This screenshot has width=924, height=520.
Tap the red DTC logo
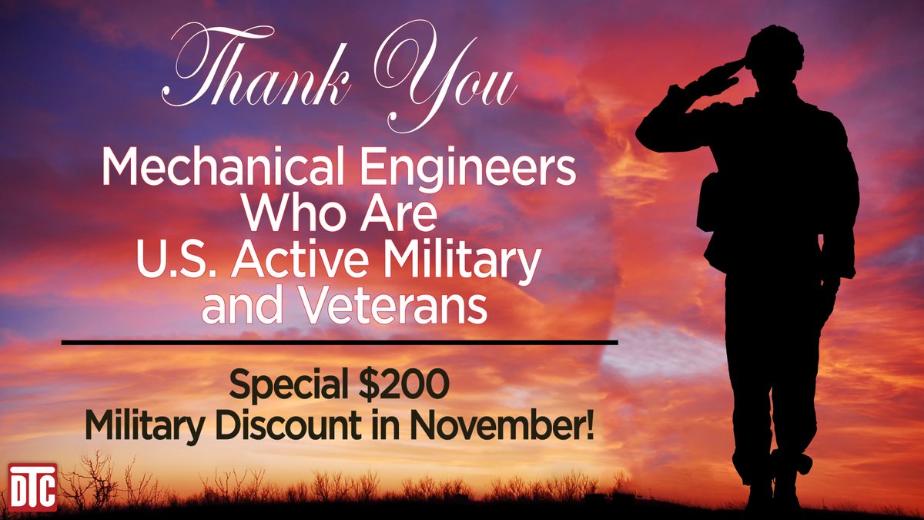pos(33,487)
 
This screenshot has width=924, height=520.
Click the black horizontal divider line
pos(339,341)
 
